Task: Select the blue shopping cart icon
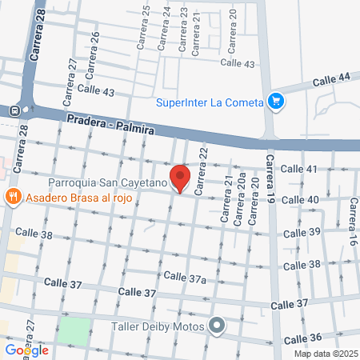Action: tap(277, 101)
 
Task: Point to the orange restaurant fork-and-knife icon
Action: tap(13, 197)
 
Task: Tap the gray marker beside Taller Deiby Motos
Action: tap(216, 325)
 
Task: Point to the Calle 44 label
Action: tap(331, 79)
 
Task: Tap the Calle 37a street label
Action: tap(185, 277)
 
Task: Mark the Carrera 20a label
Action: tap(241, 206)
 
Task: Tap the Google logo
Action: tap(26, 350)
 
